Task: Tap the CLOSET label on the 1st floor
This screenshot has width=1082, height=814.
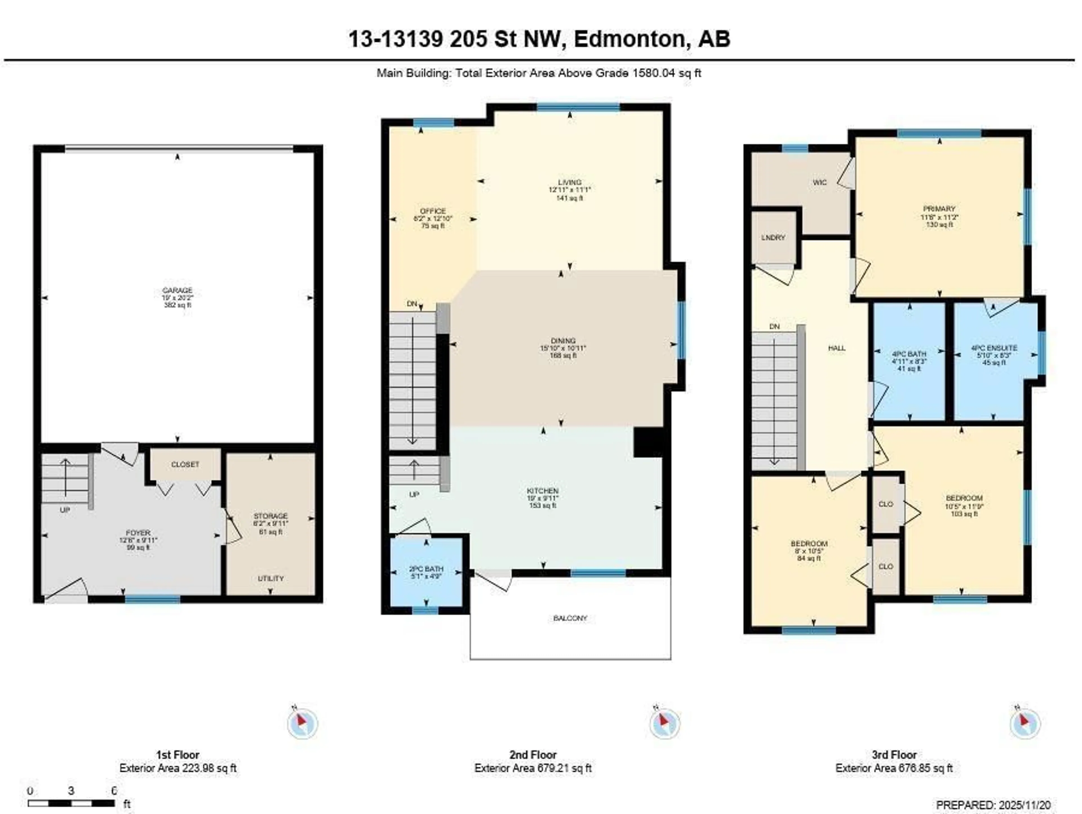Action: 185,464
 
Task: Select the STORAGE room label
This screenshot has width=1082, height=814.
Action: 270,516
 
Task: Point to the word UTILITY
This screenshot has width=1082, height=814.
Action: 270,578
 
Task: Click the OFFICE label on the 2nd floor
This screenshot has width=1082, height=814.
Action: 433,211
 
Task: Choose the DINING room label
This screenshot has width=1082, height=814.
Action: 563,341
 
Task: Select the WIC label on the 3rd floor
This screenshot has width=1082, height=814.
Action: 820,182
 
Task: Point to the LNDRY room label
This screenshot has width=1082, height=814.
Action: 773,238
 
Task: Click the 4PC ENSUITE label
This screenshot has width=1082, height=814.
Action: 994,348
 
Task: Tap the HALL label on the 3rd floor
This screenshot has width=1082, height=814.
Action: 837,348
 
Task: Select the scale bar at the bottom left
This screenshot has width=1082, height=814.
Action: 71,803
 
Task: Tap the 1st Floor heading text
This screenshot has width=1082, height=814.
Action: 178,754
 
